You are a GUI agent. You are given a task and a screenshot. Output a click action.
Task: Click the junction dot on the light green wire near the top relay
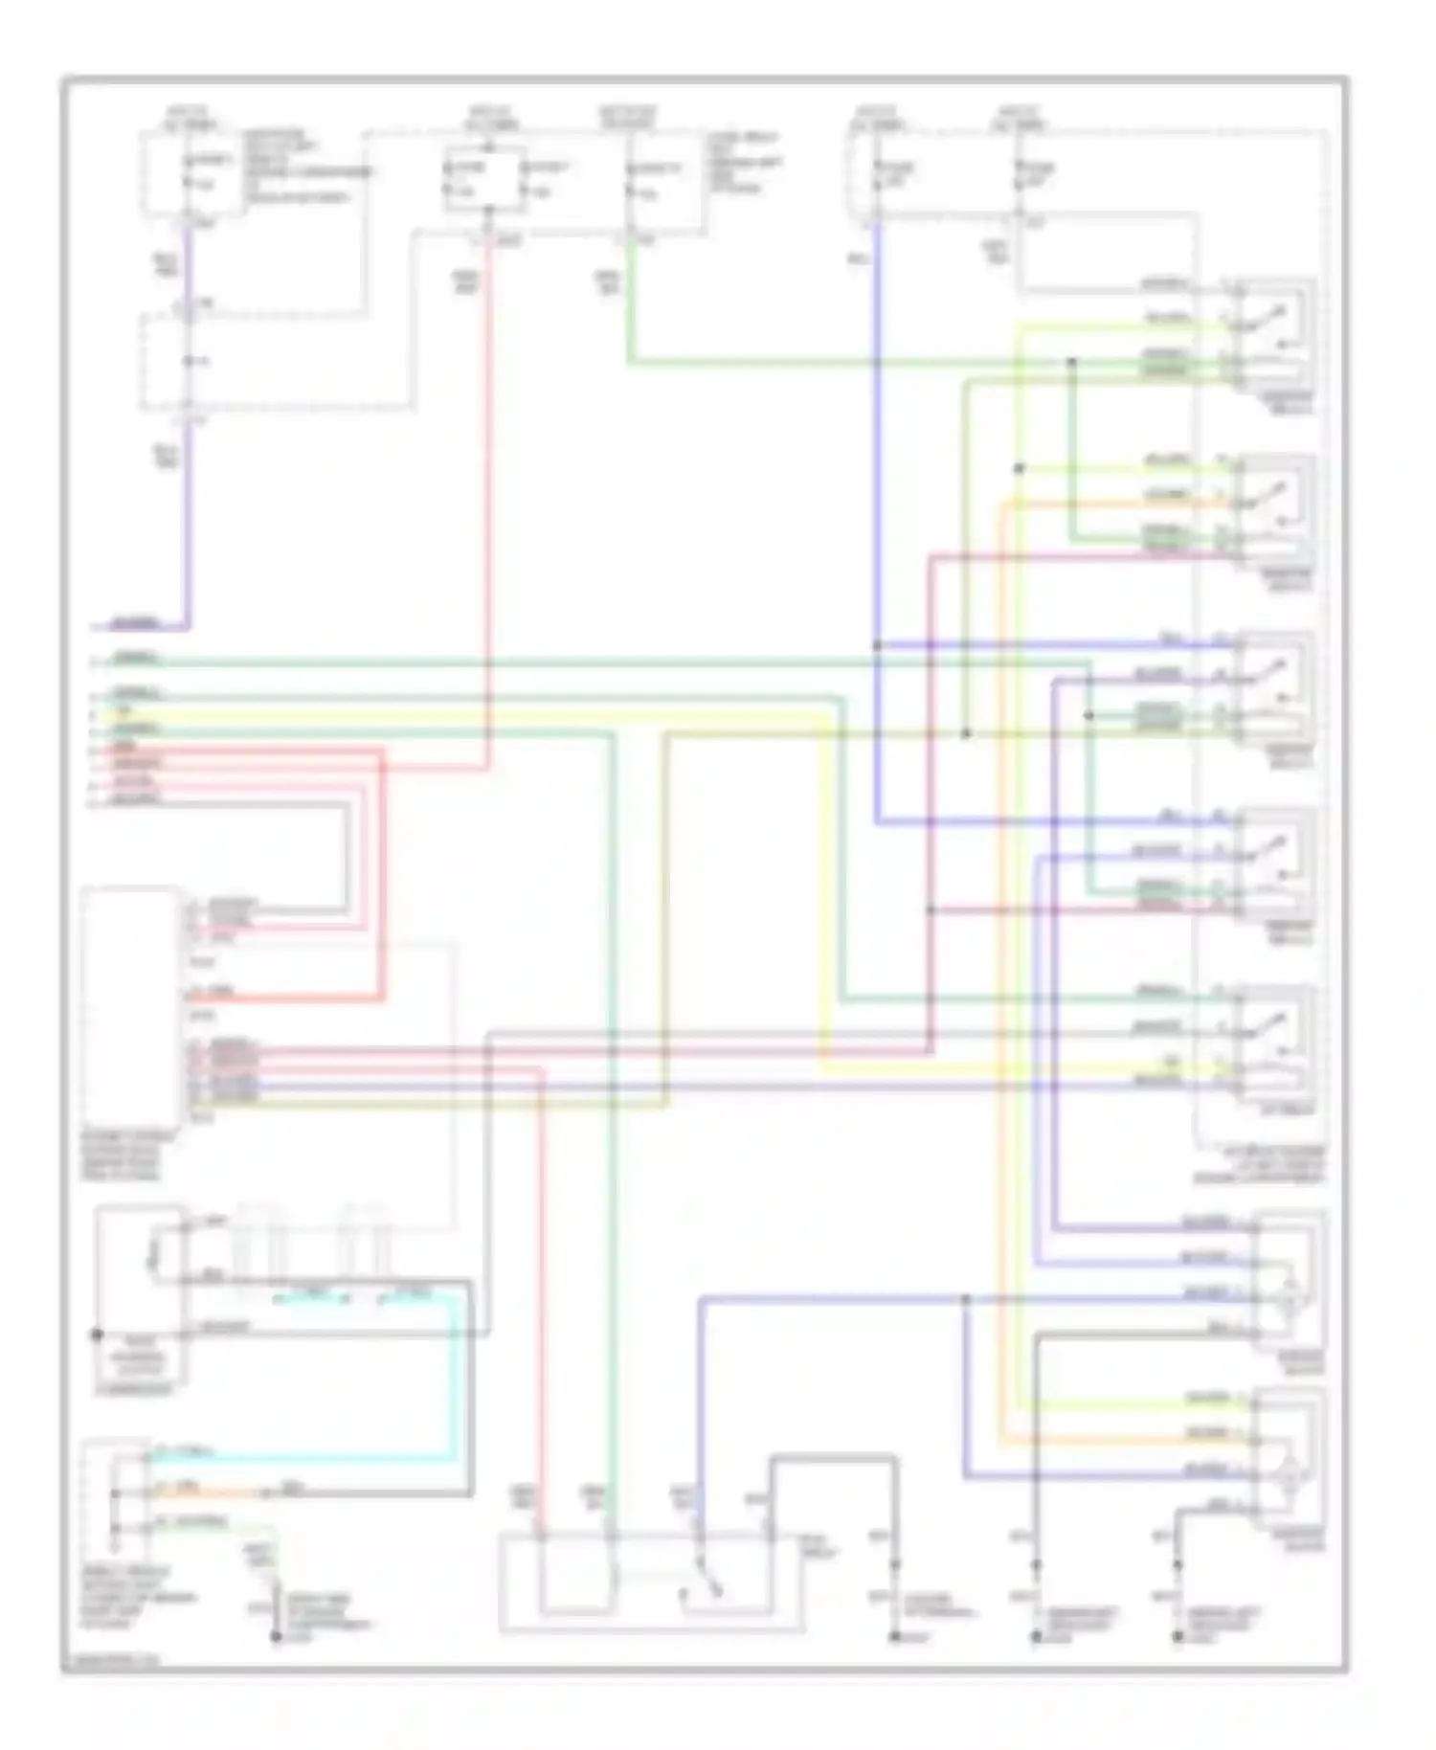click(1072, 362)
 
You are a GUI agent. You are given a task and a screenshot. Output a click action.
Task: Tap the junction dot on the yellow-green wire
click(1020, 469)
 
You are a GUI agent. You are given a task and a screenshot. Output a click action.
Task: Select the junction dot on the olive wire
click(966, 733)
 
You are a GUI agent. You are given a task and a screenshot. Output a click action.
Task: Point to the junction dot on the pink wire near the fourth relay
click(931, 909)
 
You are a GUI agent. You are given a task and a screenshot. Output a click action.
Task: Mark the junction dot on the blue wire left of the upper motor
click(966, 1299)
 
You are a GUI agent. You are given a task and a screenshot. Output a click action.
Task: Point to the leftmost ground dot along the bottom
click(276, 1637)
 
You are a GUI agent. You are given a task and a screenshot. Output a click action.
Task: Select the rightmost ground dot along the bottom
click(1178, 1638)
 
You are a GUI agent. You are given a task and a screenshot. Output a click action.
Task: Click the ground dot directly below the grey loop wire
click(895, 1638)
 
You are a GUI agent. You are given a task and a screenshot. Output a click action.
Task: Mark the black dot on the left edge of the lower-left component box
click(97, 1334)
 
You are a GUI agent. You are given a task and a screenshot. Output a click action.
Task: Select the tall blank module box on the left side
click(132, 1007)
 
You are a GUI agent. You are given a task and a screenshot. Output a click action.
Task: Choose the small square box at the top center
click(485, 180)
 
